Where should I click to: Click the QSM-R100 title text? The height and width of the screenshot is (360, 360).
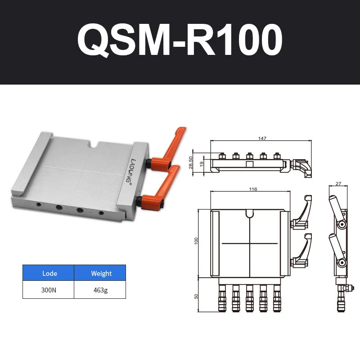click(x=180, y=40)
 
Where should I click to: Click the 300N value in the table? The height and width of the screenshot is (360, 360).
click(x=49, y=290)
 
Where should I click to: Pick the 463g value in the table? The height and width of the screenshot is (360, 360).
click(x=100, y=290)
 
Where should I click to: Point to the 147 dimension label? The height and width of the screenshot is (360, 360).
click(x=262, y=138)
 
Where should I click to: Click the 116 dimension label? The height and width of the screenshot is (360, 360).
click(x=253, y=189)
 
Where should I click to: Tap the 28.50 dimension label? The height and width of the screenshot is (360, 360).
click(x=190, y=162)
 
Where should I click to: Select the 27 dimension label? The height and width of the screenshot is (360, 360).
click(x=338, y=184)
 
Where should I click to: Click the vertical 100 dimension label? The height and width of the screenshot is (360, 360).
click(x=196, y=241)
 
